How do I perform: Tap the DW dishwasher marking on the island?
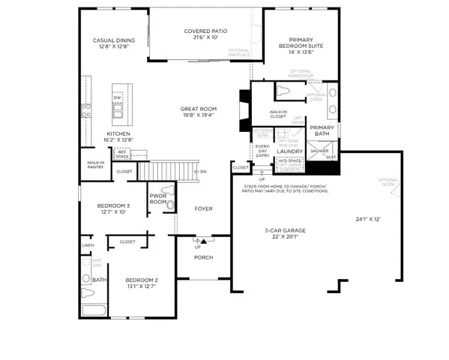(117, 98)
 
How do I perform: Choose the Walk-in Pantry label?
(95, 165)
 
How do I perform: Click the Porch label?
(203, 258)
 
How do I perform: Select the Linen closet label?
(88, 245)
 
